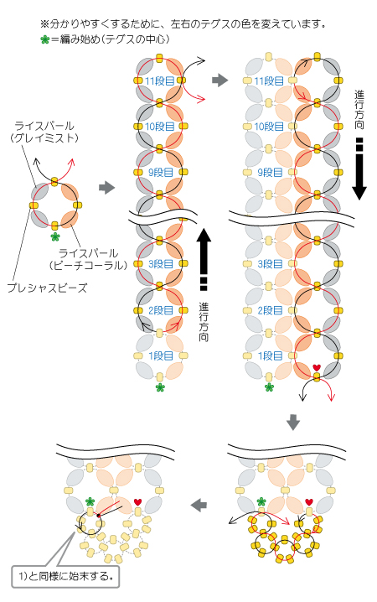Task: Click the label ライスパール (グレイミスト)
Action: pos(44,132)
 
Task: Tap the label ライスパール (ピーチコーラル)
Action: pos(88,259)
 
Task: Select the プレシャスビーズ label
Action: pos(47,288)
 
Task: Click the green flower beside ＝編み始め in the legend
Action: pos(45,39)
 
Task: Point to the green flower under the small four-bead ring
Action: pos(55,237)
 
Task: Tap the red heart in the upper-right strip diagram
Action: pos(317,368)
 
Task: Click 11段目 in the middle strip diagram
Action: pos(159,81)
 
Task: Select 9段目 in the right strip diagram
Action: pos(270,173)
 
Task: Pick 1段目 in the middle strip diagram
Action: pos(161,355)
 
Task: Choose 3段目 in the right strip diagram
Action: pos(270,264)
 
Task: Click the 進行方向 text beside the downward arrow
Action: pos(359,110)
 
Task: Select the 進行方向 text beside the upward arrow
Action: pos(204,322)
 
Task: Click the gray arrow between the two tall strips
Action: pos(220,80)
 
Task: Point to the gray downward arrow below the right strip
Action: pos(293,423)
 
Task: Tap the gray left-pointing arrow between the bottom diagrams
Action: pos(199,505)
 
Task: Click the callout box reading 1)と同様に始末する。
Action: pos(65,576)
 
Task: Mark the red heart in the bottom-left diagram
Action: pos(138,501)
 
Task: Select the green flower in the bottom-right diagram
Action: pos(261,501)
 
